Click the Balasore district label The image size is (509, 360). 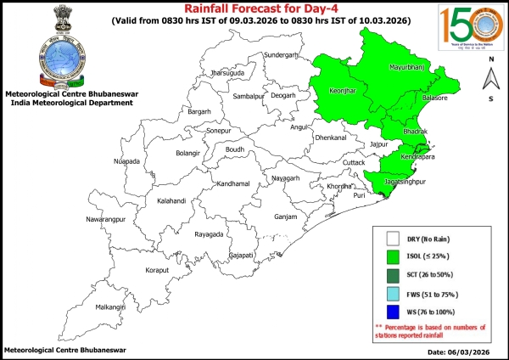pos(436,99)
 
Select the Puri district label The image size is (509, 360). pos(359,195)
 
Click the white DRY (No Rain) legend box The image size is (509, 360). pos(393,238)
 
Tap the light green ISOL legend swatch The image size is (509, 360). pos(393,256)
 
